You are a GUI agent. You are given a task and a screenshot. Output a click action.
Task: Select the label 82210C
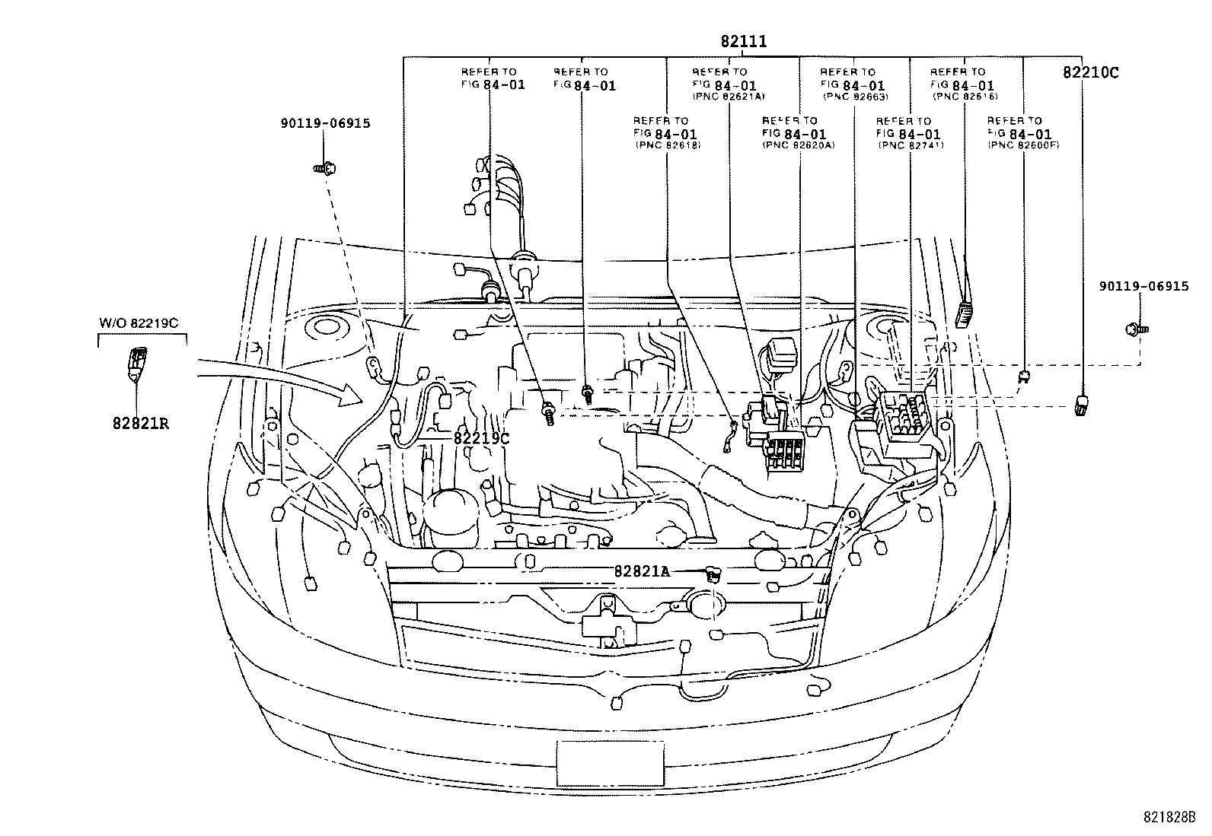(1090, 73)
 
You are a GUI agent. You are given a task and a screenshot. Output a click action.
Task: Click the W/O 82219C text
(139, 323)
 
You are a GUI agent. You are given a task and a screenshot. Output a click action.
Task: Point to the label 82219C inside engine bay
(481, 438)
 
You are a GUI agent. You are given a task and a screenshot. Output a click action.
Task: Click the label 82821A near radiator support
(642, 571)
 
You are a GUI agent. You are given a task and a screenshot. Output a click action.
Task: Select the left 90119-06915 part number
(325, 122)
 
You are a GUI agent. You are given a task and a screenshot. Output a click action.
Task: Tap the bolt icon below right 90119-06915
(1136, 329)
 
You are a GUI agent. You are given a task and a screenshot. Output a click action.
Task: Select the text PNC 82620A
(798, 145)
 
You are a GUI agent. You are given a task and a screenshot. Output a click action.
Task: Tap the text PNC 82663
(854, 97)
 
